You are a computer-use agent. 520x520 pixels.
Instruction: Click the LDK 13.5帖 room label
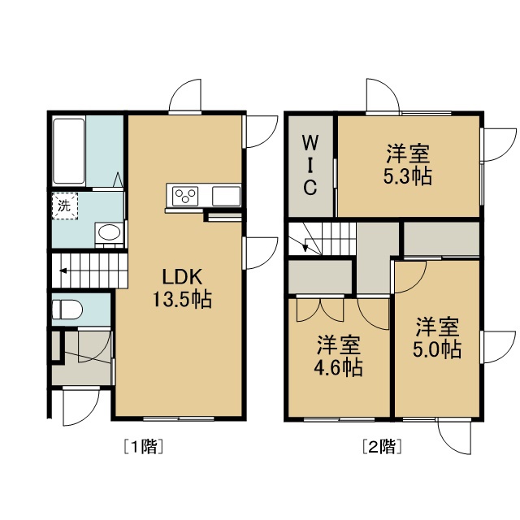coord(182,288)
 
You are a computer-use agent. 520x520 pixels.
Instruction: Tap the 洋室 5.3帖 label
coord(408,164)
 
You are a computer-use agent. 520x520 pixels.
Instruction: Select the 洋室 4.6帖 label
coord(338,356)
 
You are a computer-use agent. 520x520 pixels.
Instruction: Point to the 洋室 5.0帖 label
coord(437,338)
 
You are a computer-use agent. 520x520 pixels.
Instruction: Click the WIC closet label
coord(310,166)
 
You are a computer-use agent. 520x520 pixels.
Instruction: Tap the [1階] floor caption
coord(143,447)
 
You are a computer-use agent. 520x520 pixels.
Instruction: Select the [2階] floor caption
coord(382,447)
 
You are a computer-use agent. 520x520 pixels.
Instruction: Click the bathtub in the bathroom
coord(69,151)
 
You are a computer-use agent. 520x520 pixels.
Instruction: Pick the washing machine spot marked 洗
coord(65,206)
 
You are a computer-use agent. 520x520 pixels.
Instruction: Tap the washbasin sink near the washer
coord(109,232)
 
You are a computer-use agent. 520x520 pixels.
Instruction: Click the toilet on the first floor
coord(67,309)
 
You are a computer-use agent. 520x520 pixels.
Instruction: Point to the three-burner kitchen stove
coord(184,196)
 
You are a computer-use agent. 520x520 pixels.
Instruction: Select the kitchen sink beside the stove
coord(226,196)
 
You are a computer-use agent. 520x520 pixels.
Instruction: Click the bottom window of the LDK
coord(179,419)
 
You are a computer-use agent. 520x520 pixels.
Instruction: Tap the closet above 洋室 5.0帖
coord(441,238)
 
